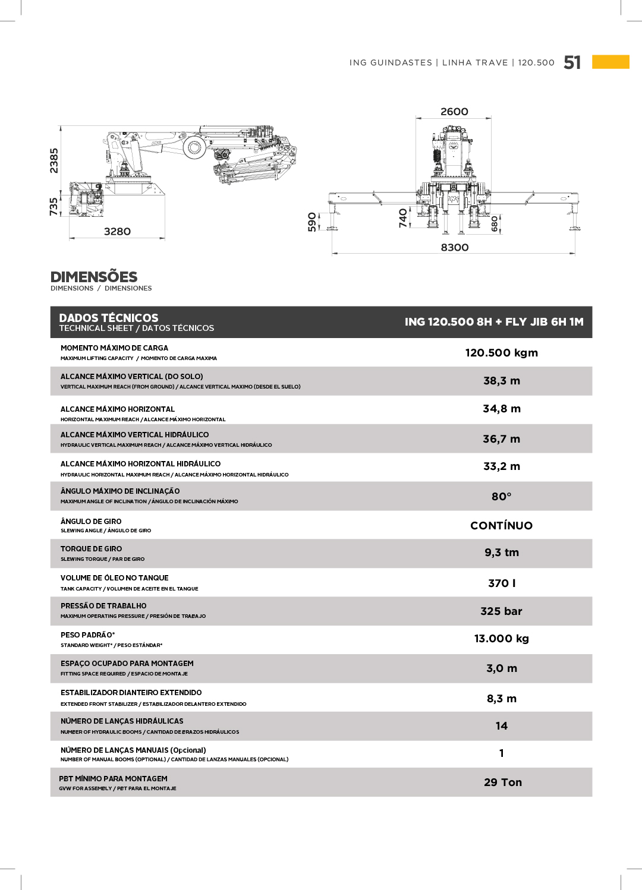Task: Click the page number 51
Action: tap(572, 62)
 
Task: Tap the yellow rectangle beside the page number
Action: tap(610, 62)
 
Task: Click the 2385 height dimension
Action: tap(54, 160)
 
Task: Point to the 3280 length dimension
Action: tap(117, 232)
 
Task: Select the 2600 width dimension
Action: tap(454, 112)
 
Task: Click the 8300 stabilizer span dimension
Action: tap(455, 247)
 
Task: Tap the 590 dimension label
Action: tap(312, 222)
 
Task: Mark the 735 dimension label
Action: tap(54, 207)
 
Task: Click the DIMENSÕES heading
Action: tap(94, 277)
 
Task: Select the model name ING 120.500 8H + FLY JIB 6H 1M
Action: tap(494, 322)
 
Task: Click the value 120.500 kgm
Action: tap(501, 353)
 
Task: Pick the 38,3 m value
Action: tap(501, 381)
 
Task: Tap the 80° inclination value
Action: tap(501, 497)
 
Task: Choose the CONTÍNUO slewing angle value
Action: tap(501, 526)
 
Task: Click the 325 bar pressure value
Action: tap(501, 611)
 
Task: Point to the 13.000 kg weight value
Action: tap(501, 639)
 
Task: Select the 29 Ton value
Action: tap(503, 782)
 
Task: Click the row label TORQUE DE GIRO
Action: tap(91, 549)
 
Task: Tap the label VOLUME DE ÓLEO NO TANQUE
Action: tap(114, 578)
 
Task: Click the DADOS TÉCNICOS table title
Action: tap(109, 318)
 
